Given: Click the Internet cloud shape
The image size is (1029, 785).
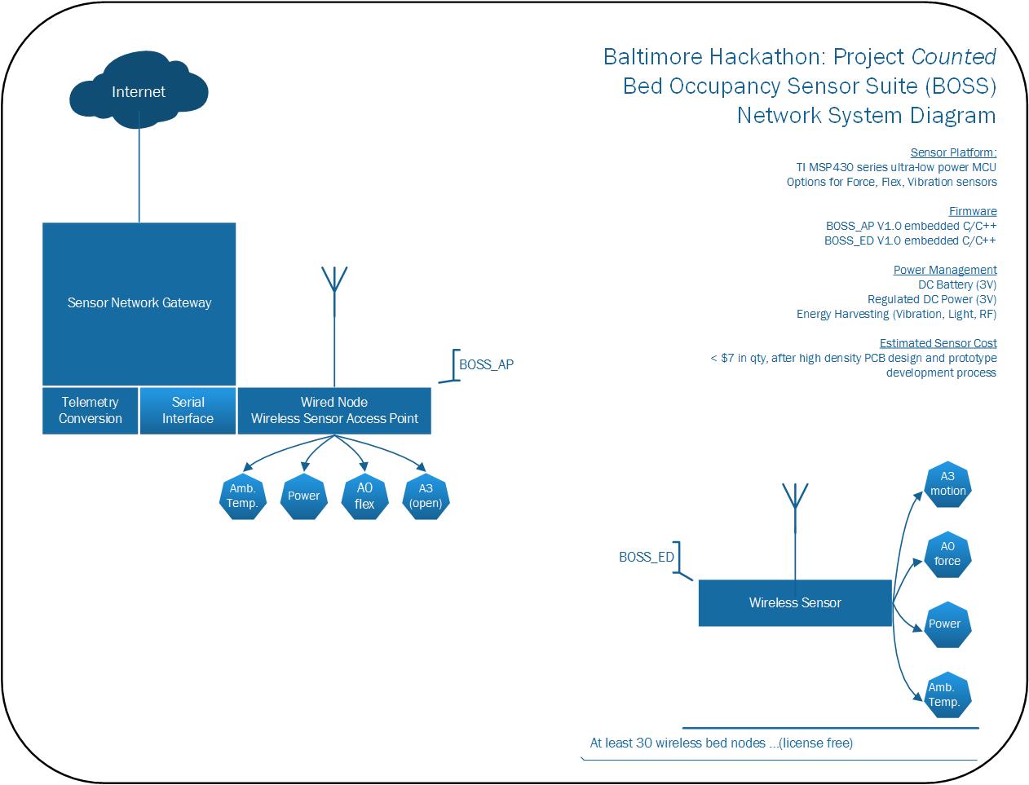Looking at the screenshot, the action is pyautogui.click(x=139, y=90).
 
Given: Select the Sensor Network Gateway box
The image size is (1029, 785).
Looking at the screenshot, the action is pyautogui.click(x=139, y=304).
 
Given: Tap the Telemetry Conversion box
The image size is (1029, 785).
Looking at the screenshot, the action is pyautogui.click(x=90, y=411).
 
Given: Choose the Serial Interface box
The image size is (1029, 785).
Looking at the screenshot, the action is pyautogui.click(x=188, y=411).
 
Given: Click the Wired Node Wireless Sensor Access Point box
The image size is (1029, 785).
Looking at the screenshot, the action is pyautogui.click(x=334, y=411).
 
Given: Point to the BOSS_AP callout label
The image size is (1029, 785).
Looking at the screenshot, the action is pyautogui.click(x=486, y=364).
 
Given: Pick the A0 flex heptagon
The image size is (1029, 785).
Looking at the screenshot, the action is pyautogui.click(x=364, y=496).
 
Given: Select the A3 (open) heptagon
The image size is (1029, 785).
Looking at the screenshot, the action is pyautogui.click(x=426, y=496).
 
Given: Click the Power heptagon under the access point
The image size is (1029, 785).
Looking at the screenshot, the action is pyautogui.click(x=304, y=496).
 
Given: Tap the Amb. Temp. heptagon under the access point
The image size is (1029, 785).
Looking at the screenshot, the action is pyautogui.click(x=243, y=496).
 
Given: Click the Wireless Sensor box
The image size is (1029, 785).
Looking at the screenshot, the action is pyautogui.click(x=795, y=602).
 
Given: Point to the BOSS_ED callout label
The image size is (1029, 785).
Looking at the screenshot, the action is pyautogui.click(x=647, y=557).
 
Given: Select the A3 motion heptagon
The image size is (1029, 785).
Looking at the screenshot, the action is pyautogui.click(x=947, y=484).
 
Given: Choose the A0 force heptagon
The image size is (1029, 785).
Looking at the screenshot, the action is pyautogui.click(x=947, y=554).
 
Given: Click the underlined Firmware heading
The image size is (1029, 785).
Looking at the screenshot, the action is pyautogui.click(x=973, y=211).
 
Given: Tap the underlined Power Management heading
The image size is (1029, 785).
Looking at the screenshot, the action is pyautogui.click(x=945, y=270).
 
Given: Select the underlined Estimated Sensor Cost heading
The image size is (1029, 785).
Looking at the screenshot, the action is pyautogui.click(x=938, y=343).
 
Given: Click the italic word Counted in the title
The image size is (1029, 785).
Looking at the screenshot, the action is pyautogui.click(x=954, y=57).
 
